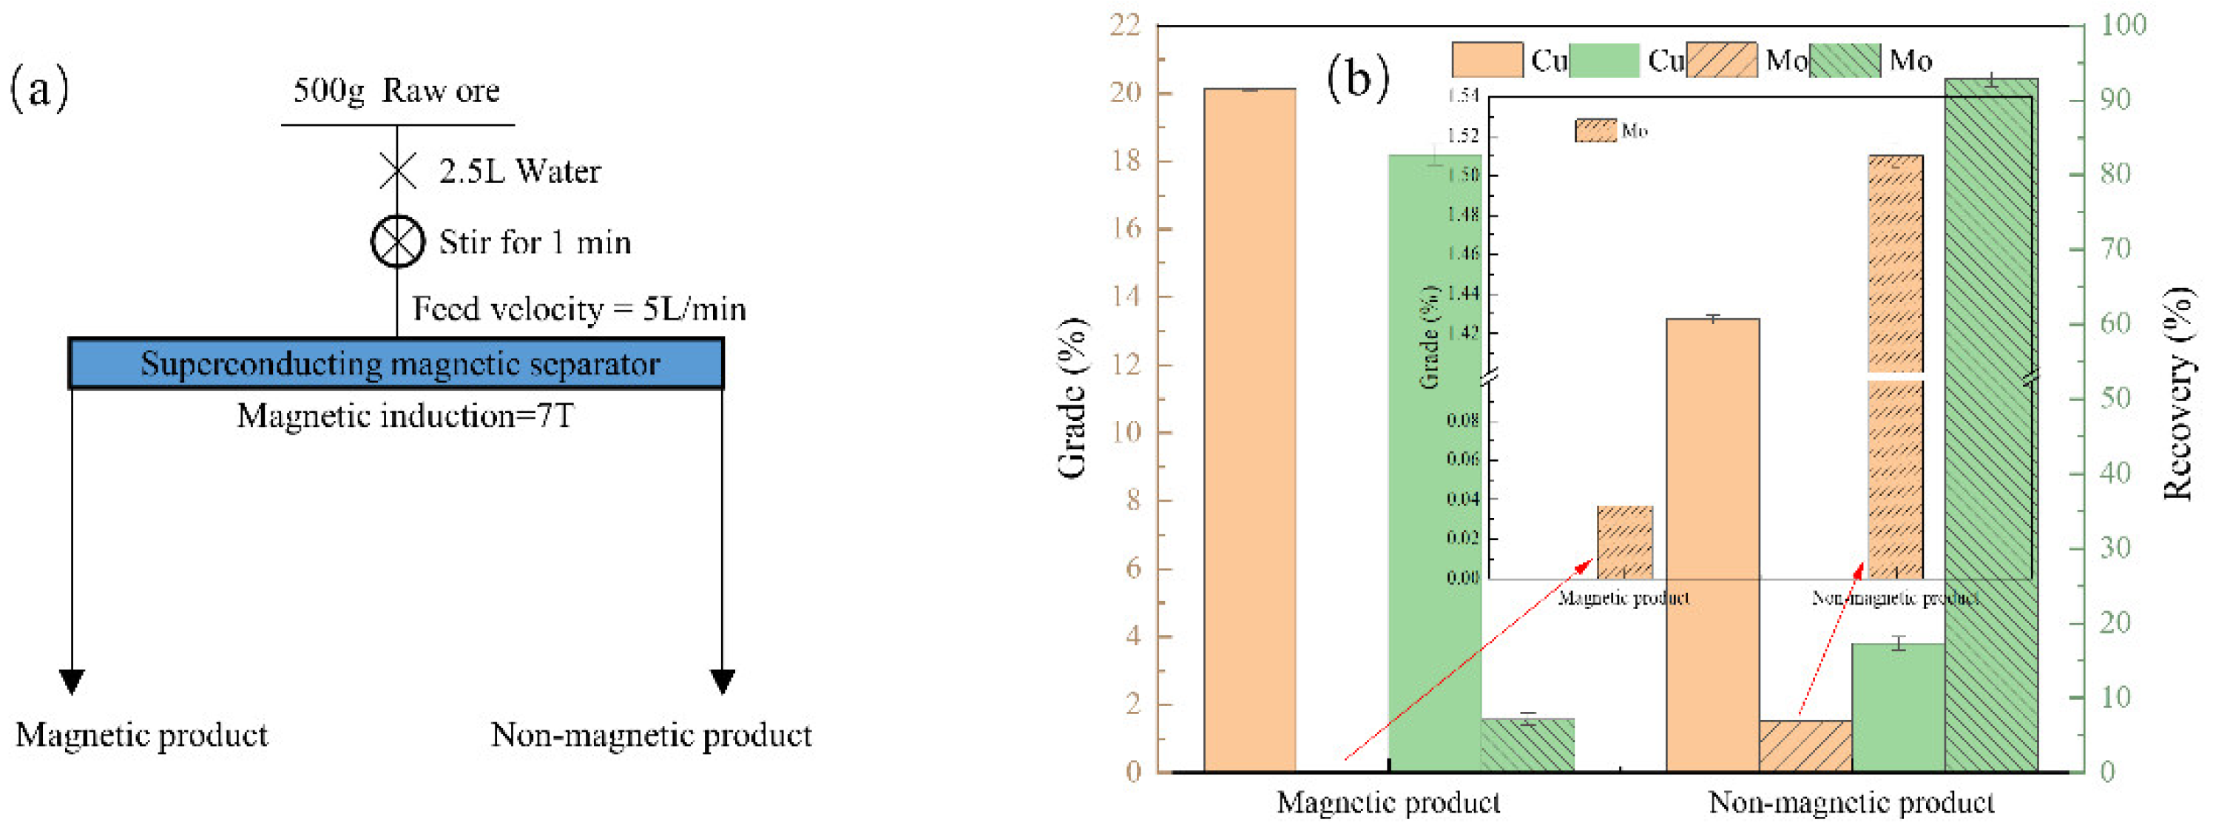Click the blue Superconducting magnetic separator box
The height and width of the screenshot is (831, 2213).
(396, 363)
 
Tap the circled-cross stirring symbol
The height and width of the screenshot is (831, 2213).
(397, 241)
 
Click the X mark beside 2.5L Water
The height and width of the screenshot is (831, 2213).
(398, 170)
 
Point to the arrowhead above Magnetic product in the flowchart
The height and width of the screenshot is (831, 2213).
(72, 681)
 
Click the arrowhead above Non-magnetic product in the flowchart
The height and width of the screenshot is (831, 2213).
(723, 681)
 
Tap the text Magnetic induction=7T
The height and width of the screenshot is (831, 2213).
(405, 416)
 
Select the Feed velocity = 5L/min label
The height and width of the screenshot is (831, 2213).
(579, 309)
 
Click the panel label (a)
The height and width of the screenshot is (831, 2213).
(38, 89)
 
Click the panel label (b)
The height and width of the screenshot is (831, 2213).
(1357, 79)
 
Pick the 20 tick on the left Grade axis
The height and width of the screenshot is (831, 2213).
(1126, 92)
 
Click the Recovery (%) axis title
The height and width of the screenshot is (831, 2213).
(2177, 393)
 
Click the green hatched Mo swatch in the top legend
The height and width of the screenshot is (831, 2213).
(1845, 60)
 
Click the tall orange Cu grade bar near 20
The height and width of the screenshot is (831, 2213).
(1249, 430)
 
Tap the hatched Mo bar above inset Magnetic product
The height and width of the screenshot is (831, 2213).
(1624, 542)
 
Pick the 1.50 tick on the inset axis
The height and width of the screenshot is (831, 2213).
(1463, 175)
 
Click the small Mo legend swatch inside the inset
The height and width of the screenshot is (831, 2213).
(1595, 131)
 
